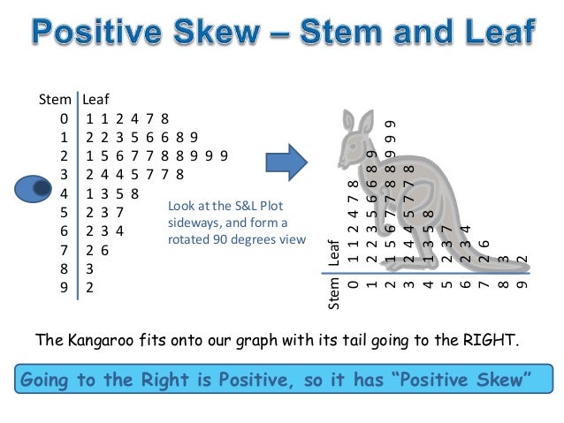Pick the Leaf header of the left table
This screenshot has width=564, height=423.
95,100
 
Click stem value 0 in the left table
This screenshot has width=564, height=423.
64,118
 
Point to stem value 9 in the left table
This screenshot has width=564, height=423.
64,287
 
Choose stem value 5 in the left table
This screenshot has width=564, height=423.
64,212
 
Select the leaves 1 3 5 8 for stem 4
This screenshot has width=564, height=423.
111,193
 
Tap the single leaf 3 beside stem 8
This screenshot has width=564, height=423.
91,268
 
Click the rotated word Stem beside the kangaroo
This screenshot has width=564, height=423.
334,294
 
